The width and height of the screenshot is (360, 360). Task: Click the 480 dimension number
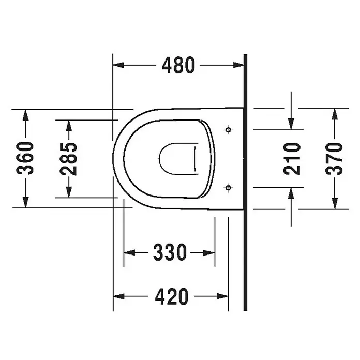(178, 65)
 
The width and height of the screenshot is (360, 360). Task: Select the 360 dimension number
(25, 158)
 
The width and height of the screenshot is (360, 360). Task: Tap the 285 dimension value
(68, 159)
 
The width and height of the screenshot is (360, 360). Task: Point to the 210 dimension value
(292, 159)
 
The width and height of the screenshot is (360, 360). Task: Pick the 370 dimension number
(334, 159)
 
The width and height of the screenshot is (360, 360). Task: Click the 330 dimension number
(170, 252)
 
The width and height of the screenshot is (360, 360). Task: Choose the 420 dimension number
(172, 296)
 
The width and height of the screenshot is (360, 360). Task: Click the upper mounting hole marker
(228, 130)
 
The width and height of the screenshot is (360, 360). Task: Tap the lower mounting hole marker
(228, 188)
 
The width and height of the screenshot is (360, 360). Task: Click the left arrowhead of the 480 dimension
(118, 65)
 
